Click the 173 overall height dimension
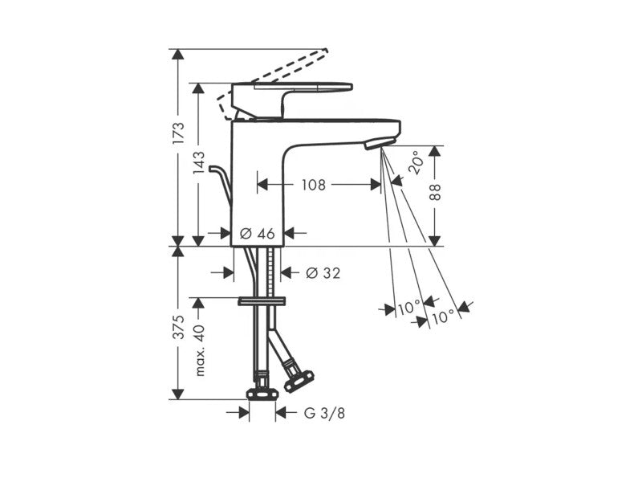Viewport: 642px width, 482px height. tap(178, 133)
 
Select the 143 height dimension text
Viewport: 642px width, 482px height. tap(198, 162)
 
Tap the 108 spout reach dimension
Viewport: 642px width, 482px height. tap(314, 185)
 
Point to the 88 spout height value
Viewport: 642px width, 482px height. tap(436, 192)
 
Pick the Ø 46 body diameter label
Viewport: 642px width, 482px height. tap(257, 234)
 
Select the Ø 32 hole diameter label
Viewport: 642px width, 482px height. tap(323, 272)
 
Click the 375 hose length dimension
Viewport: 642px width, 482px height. tap(178, 327)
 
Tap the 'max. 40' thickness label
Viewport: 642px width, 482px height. tap(199, 349)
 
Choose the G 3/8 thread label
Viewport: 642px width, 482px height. tap(325, 413)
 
